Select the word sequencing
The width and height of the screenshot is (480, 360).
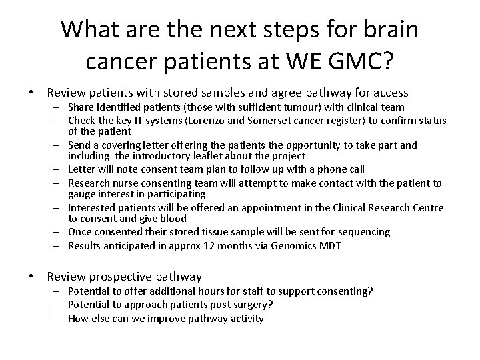pyautogui.click(x=363, y=232)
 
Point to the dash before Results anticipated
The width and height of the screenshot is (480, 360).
pyautogui.click(x=58, y=245)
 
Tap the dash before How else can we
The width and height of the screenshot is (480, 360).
pyautogui.click(x=58, y=318)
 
